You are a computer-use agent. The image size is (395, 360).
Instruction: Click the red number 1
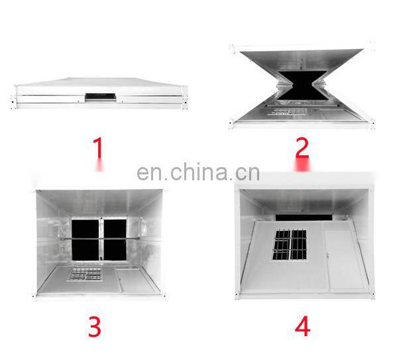tap(99, 148)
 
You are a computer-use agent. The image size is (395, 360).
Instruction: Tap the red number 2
tap(302, 148)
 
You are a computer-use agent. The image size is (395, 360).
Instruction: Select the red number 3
tap(95, 327)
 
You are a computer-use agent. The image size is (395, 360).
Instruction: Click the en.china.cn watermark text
tap(198, 172)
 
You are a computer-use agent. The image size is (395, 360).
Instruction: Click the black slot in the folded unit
tap(100, 96)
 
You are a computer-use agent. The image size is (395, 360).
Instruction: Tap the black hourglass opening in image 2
tap(303, 86)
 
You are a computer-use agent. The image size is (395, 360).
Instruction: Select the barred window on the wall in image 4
tap(290, 245)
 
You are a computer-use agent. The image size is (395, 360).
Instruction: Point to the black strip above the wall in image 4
tap(304, 217)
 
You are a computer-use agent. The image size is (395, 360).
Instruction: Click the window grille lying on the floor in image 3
tap(85, 274)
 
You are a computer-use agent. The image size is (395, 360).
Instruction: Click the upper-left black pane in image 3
tap(85, 229)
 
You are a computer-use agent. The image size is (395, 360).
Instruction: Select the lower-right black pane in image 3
tap(115, 250)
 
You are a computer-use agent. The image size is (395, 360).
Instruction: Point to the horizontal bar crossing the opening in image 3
tap(99, 238)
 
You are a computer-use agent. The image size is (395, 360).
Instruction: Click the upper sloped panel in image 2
tap(302, 60)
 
